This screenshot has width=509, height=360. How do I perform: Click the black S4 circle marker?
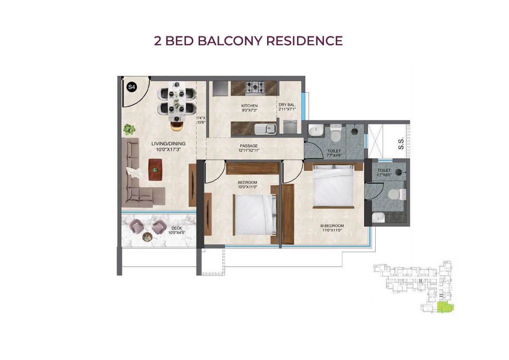[x=131, y=87]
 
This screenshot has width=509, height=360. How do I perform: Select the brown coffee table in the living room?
[x=156, y=170]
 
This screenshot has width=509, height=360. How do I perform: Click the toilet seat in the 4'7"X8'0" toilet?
[x=396, y=194]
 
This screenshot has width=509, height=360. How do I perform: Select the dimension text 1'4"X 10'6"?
[x=201, y=120]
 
